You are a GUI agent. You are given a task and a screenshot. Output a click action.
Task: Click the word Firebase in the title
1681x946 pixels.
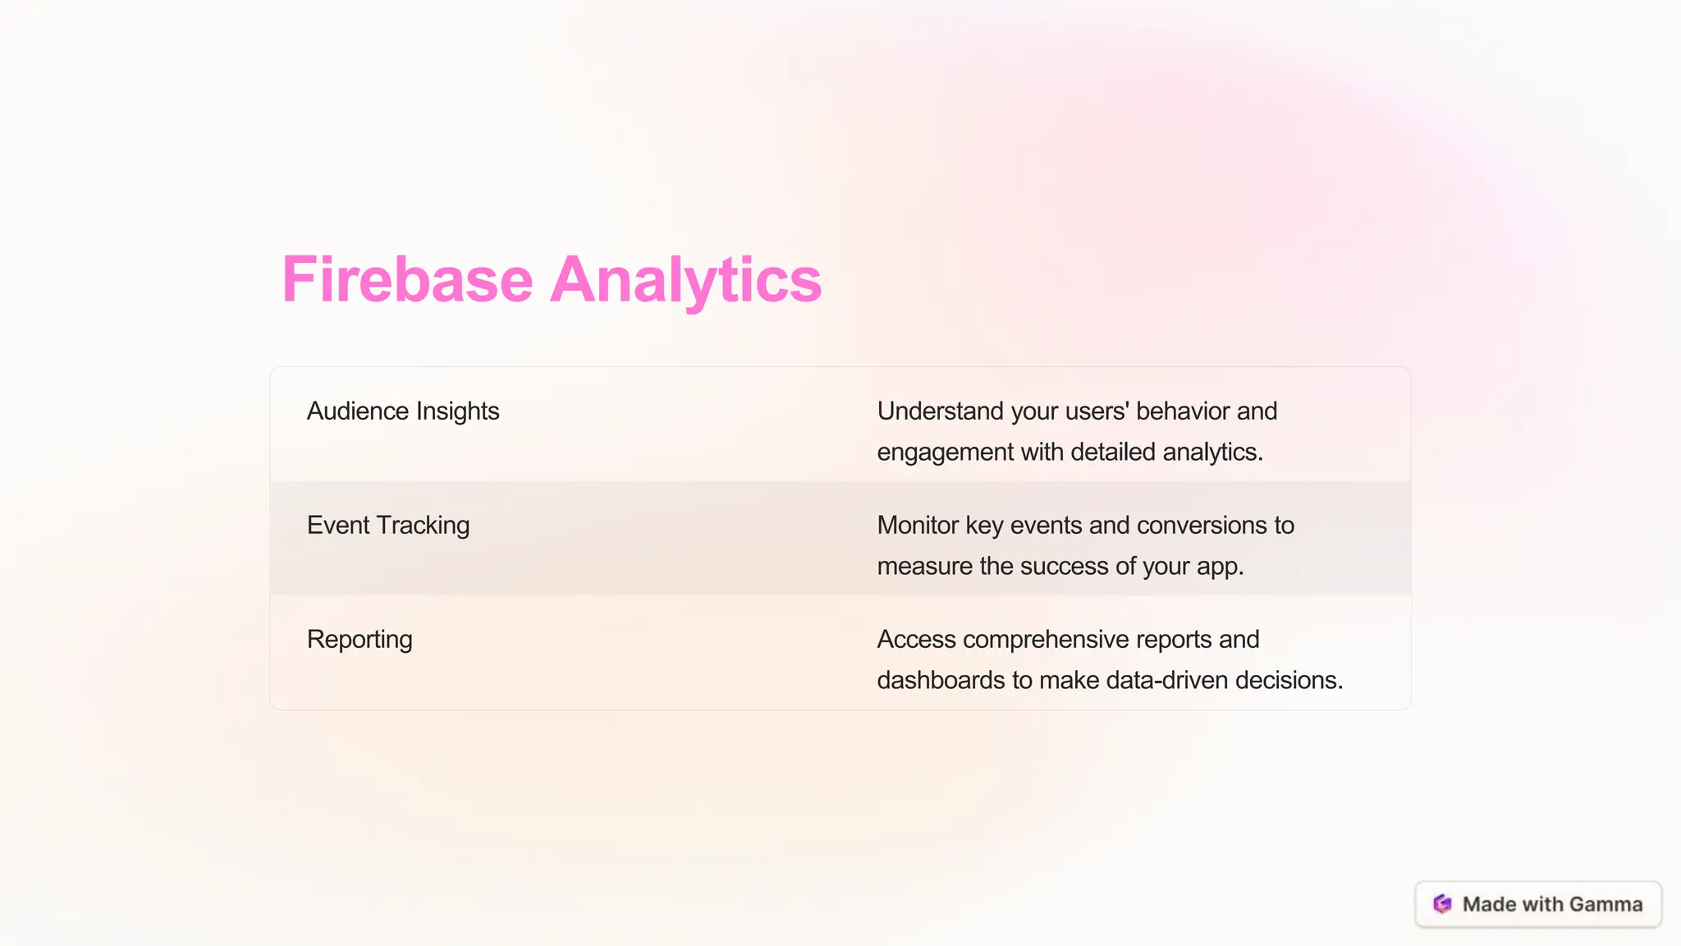coord(407,280)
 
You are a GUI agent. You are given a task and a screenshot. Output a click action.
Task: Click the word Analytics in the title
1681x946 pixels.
coord(685,280)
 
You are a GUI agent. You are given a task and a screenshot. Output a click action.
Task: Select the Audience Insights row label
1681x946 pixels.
coord(402,411)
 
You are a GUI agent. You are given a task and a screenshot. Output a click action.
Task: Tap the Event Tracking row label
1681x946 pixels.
coord(387,525)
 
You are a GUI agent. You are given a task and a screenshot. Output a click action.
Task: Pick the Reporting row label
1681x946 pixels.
coord(360,639)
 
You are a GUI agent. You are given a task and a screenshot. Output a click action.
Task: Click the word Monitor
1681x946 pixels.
coord(918,525)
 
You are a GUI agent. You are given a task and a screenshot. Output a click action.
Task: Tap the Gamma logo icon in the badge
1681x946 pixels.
coord(1442,904)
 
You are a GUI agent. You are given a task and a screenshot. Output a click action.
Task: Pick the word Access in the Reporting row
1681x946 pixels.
coord(916,639)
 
